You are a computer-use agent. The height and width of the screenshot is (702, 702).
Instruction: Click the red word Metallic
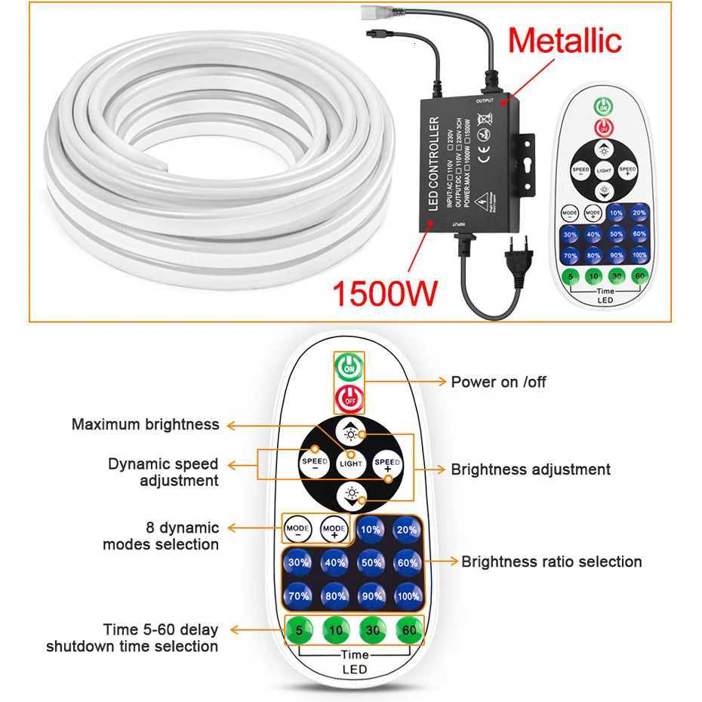point(565,39)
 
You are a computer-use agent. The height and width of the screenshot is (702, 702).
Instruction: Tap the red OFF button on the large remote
point(349,395)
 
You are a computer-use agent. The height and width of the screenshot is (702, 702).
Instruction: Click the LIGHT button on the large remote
point(351,462)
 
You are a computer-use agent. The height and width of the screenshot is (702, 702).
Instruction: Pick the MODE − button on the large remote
point(298,530)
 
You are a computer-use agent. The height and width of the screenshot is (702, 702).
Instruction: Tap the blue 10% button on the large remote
point(370,530)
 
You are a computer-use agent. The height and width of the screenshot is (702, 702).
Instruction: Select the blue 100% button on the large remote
point(407,596)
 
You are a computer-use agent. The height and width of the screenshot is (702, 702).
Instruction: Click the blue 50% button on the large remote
point(370,562)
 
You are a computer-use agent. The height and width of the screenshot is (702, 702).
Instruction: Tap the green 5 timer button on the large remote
point(298,630)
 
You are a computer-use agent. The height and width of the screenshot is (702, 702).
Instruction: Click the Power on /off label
point(498,382)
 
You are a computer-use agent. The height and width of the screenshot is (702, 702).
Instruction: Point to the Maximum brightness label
point(145,424)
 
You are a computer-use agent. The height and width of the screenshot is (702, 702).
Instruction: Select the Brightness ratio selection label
point(551,562)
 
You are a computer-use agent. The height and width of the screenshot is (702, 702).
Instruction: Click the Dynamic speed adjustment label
point(162,472)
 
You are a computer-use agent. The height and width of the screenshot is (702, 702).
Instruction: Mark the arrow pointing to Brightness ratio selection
point(442,562)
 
